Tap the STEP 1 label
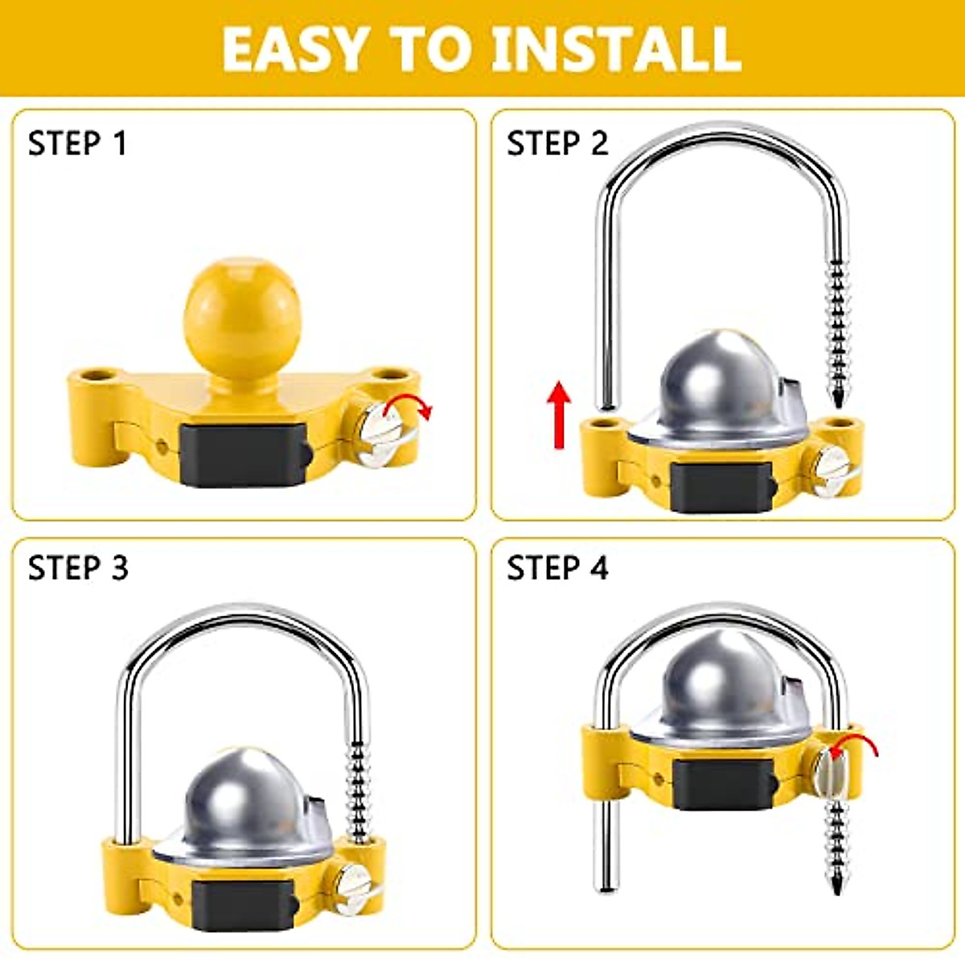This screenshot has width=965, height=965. [77, 144]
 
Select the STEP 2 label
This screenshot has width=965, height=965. [557, 144]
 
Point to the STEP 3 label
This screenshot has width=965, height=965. [78, 568]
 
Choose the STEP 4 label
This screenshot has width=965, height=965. [557, 568]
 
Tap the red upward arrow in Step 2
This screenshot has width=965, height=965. [558, 414]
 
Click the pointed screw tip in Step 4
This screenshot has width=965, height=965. [838, 887]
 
